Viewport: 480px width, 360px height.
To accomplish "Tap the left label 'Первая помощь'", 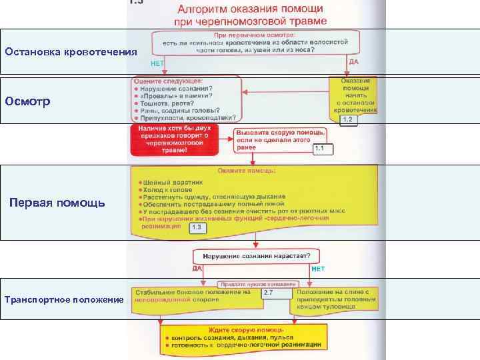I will click(57, 202).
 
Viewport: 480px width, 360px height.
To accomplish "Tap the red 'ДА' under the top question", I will click(354, 61).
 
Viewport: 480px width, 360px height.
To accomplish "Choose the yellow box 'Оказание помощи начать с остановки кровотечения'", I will click(354, 97).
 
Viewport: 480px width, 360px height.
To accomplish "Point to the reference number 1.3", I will click(197, 227).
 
